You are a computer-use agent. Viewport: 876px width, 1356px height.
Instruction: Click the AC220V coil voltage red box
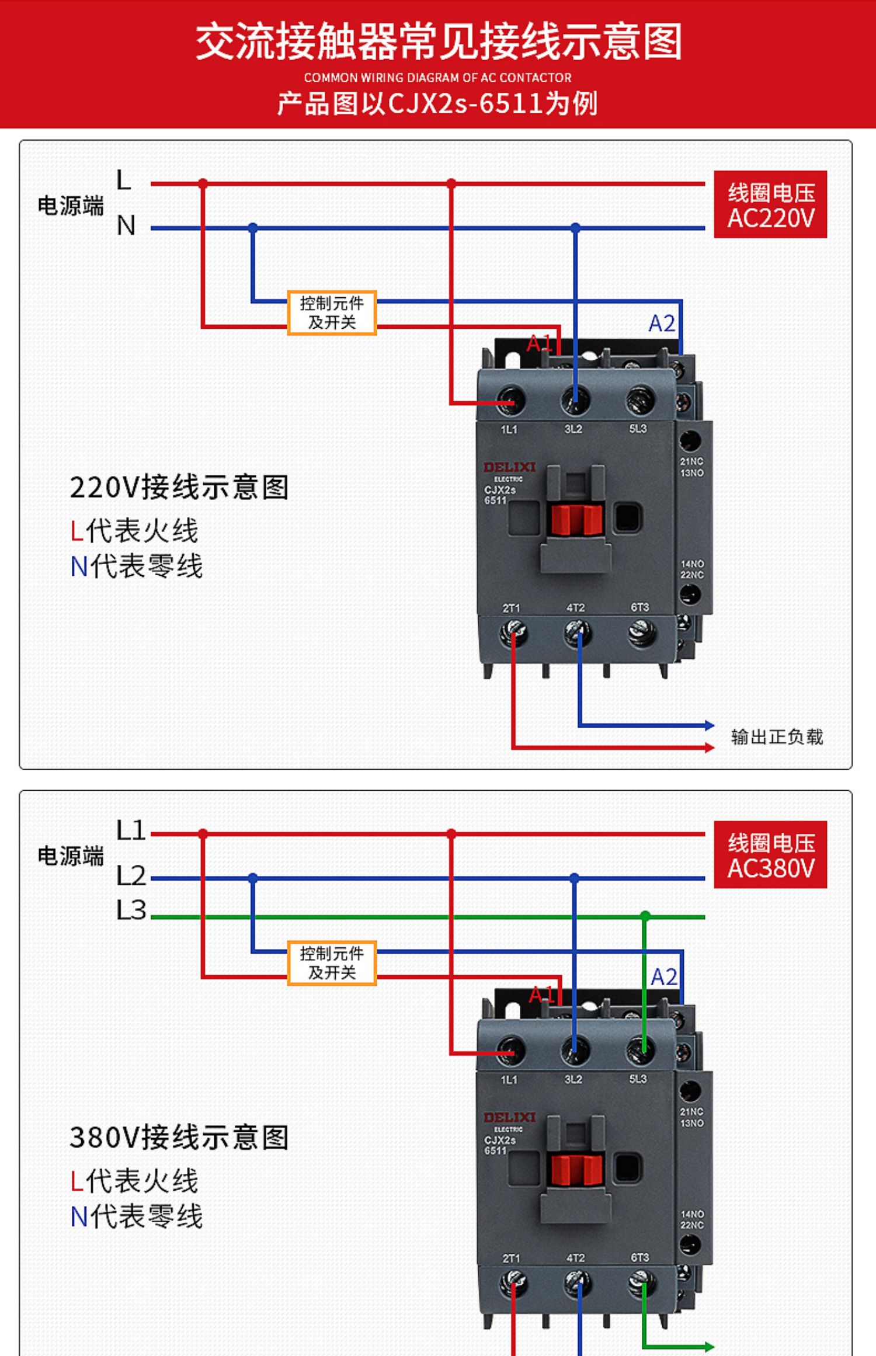(770, 204)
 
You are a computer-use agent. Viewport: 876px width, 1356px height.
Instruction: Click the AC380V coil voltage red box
(770, 854)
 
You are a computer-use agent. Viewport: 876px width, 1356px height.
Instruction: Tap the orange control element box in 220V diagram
(332, 312)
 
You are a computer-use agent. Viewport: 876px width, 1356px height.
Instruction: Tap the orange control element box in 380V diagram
(332, 962)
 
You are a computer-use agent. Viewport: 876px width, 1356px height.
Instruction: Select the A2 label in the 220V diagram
(662, 323)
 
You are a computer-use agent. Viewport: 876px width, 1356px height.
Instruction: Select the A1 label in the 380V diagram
(541, 994)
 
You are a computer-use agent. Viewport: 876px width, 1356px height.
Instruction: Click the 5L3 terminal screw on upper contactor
(640, 401)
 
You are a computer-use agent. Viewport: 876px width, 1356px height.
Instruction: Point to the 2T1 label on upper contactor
(511, 608)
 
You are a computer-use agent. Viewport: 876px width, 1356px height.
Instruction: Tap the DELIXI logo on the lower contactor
(509, 1117)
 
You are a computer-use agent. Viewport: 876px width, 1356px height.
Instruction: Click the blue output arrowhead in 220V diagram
(710, 725)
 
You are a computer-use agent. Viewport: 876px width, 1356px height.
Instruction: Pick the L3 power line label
(131, 910)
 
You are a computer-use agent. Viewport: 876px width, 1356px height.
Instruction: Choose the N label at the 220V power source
(126, 225)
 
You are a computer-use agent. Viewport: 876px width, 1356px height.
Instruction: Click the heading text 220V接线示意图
(179, 487)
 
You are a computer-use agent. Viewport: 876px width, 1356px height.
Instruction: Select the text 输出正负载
(777, 737)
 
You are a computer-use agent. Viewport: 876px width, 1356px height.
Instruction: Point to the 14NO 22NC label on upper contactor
(692, 569)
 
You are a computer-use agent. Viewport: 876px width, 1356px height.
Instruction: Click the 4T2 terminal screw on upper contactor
(576, 633)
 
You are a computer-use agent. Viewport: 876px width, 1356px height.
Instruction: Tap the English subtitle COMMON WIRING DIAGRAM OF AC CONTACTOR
(437, 78)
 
